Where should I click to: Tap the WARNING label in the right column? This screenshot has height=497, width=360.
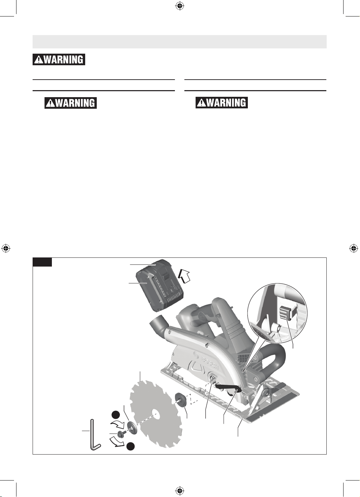(222, 103)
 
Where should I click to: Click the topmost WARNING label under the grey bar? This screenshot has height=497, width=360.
(59, 60)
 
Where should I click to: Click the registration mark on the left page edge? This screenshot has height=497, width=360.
(6, 248)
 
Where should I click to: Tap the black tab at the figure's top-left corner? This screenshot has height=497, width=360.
(42, 262)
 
